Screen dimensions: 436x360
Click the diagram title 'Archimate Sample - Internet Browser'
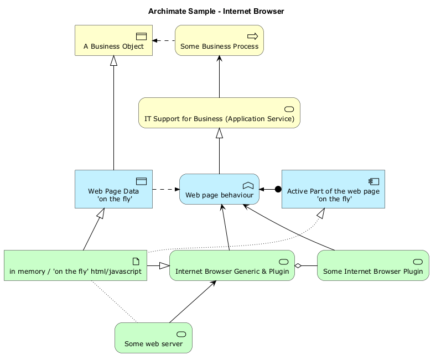tap(216, 12)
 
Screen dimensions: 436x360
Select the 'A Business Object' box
tap(114, 40)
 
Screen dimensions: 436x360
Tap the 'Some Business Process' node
tap(220, 40)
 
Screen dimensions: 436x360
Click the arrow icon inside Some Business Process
tap(253, 36)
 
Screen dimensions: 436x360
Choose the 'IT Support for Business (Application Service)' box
tap(220, 113)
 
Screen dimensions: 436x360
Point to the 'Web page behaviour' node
tap(220, 189)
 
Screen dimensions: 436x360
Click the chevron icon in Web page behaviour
tap(248, 185)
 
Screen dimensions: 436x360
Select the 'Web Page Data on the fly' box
tap(114, 189)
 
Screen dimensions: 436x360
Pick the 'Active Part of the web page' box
tap(334, 189)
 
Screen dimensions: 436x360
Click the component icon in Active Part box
tap(373, 181)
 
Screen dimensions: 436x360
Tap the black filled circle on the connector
tap(278, 189)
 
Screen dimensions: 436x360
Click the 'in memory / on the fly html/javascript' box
tap(76, 265)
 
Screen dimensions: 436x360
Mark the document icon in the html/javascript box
tap(136, 262)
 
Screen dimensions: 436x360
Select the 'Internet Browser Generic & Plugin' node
tap(232, 265)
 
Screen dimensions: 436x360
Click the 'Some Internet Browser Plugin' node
tap(373, 265)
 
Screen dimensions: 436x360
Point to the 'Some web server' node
tap(153, 338)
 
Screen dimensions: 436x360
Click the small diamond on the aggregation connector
tap(298, 266)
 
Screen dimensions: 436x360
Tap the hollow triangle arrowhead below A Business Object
tap(114, 61)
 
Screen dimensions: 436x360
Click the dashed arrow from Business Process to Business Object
tap(164, 40)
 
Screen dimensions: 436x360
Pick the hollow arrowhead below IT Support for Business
tap(220, 133)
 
